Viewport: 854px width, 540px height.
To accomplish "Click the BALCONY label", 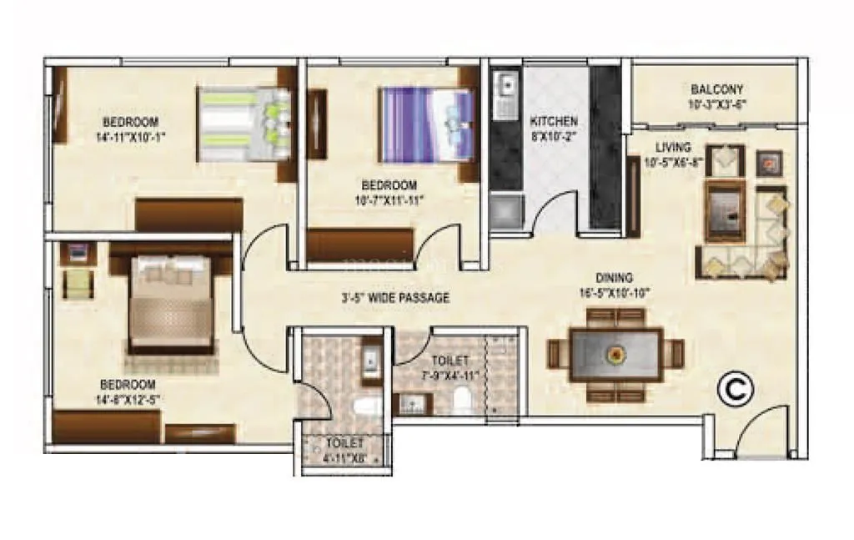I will (716, 89).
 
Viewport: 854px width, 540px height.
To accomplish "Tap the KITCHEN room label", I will (554, 122).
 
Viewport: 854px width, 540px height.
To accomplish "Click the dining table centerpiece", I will (615, 353).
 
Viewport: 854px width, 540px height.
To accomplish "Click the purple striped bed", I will (425, 125).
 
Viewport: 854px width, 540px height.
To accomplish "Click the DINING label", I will (614, 278).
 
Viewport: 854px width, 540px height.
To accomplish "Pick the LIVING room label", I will (673, 147).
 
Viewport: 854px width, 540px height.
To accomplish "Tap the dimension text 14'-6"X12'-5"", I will (128, 399).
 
